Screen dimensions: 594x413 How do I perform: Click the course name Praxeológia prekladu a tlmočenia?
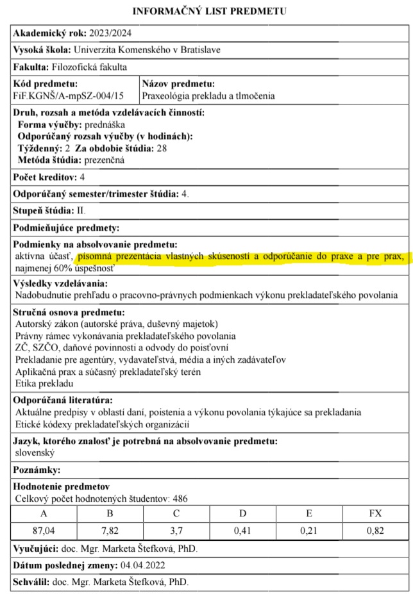[208, 95]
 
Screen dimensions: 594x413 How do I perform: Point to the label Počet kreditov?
[44, 176]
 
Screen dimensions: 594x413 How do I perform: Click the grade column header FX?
[375, 513]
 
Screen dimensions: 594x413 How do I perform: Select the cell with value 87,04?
[44, 531]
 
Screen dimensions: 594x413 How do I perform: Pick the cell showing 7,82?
[110, 531]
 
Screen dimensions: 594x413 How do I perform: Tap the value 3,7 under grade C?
[176, 531]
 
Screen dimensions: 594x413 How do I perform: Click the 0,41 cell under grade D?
[242, 531]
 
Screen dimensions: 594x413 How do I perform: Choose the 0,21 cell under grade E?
[308, 531]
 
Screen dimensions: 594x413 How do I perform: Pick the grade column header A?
[44, 513]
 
